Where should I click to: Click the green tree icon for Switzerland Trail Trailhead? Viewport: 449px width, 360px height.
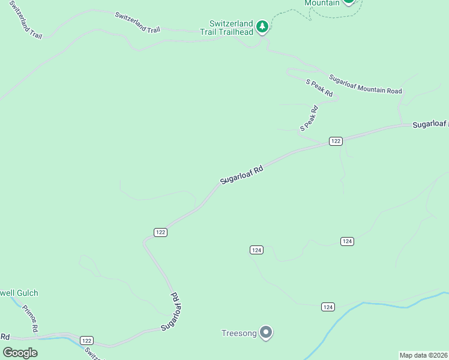coord(262,27)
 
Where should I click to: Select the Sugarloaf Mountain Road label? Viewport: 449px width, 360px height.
coord(365,84)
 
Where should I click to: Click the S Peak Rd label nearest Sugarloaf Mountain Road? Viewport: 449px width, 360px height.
coord(319,88)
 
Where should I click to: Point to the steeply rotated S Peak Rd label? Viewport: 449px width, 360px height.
coord(309,118)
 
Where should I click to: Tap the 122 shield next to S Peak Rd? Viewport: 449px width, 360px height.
coord(336,141)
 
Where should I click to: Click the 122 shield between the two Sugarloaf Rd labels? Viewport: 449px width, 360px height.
coord(160,232)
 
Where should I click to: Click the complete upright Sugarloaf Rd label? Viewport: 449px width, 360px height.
coord(241,174)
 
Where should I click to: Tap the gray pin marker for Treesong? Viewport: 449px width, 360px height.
coord(266,332)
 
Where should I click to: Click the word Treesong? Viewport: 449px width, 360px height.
coord(239,333)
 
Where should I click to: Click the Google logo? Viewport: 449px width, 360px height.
coord(20,353)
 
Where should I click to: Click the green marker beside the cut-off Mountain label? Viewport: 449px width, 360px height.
coord(348,3)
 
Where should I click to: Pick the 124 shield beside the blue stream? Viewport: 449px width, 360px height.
coord(327,307)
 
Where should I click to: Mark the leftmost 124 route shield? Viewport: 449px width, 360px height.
coord(256,250)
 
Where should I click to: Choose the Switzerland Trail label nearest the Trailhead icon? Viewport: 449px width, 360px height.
coord(138,21)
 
